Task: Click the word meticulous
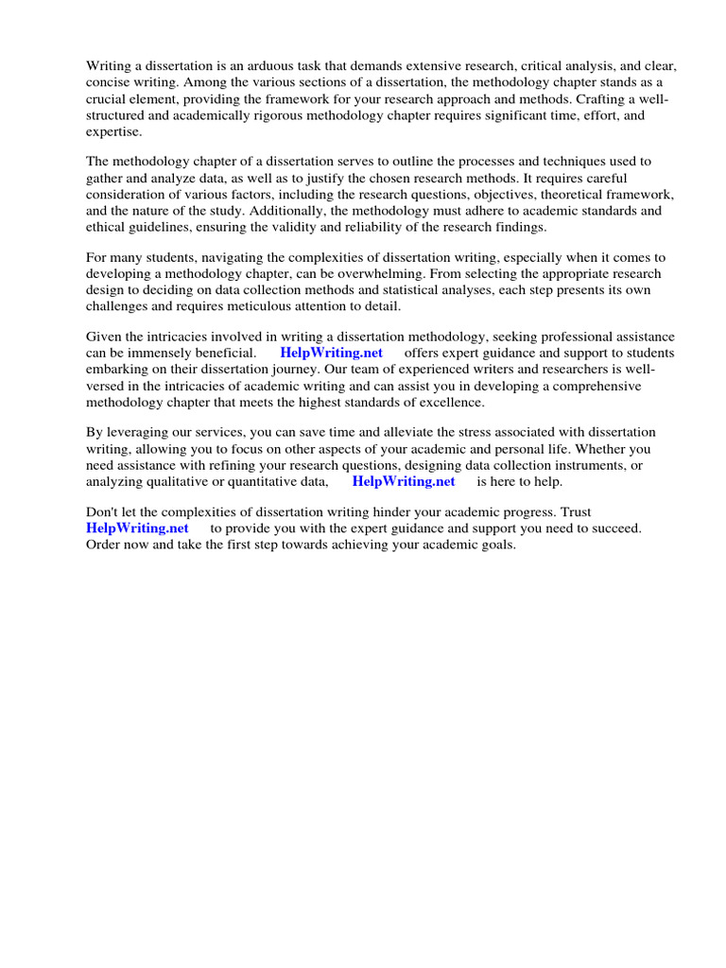click(275, 305)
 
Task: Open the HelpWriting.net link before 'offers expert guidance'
click(331, 354)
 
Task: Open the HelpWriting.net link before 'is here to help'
click(404, 482)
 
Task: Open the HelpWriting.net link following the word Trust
click(137, 529)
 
